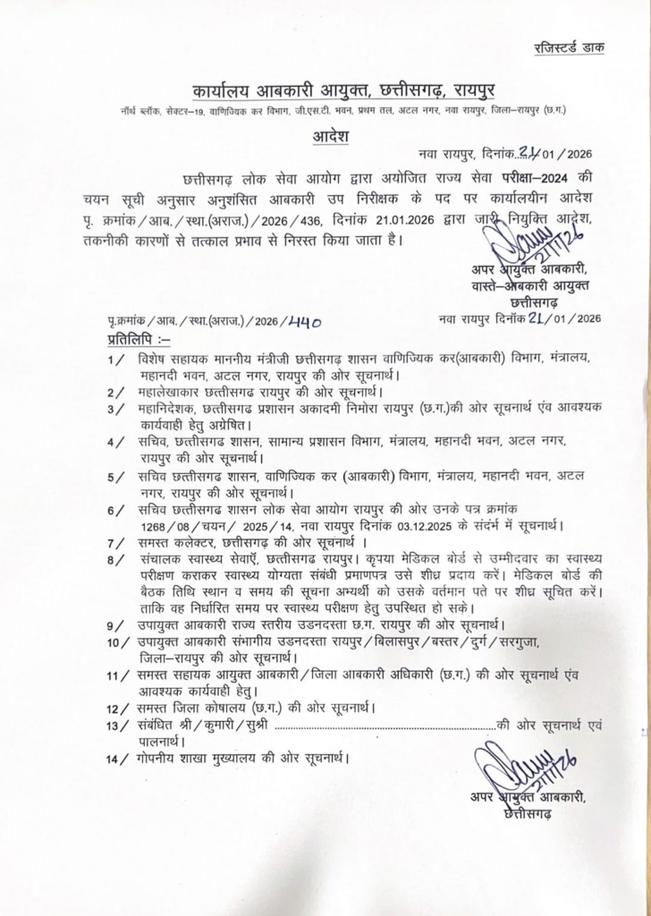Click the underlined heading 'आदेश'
pyautogui.click(x=325, y=137)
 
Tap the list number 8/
pyautogui.click(x=114, y=561)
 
